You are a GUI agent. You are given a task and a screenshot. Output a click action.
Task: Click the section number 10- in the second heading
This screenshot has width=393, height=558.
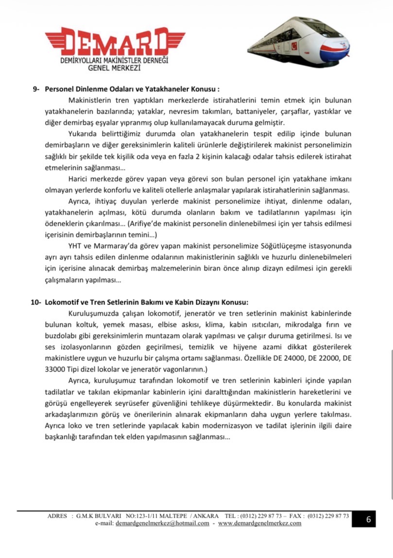(35, 302)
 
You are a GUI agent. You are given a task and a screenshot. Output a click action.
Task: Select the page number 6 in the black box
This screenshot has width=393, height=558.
(368, 519)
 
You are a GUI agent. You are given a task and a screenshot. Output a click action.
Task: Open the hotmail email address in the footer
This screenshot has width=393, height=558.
(162, 523)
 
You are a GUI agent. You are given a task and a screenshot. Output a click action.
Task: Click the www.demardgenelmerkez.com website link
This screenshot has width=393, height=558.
(259, 523)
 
